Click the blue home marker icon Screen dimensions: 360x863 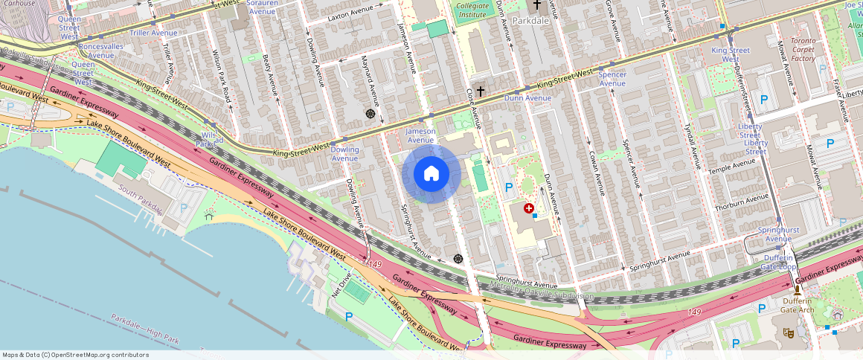tap(431, 174)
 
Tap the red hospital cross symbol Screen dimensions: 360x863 tap(529, 209)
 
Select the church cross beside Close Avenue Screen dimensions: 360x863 tap(481, 91)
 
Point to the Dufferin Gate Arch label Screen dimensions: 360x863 tap(797, 305)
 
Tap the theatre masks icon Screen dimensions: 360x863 tap(789, 333)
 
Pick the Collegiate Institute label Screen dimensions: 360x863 tap(472, 10)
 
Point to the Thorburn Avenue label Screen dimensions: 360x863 tap(741, 202)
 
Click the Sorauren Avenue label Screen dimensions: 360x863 tap(261, 7)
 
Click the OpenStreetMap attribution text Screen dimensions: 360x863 tap(75, 355)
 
